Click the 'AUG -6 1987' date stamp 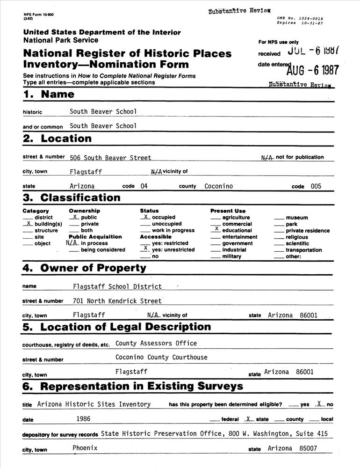(313, 70)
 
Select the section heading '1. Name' (49, 94)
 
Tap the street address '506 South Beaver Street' (110, 158)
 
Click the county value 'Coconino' (218, 186)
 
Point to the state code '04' (144, 186)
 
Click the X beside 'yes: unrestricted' (145, 249)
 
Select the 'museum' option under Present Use (296, 218)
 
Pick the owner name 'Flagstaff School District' (117, 286)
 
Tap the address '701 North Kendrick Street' (117, 301)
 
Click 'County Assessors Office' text (156, 343)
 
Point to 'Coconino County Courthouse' (161, 357)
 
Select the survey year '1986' (83, 419)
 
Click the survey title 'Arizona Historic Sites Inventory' (94, 404)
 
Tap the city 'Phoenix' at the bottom (85, 448)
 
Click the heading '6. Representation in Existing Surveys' (133, 386)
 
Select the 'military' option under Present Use (231, 256)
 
